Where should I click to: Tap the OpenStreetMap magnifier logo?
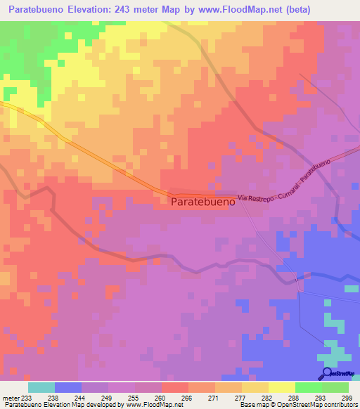[x=326, y=374]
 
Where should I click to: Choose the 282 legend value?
[x=266, y=397]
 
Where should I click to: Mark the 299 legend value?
[x=346, y=397]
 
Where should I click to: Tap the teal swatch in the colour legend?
[x=41, y=387]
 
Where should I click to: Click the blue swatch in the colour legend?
[x=68, y=387]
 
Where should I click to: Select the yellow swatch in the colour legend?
[x=282, y=387]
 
